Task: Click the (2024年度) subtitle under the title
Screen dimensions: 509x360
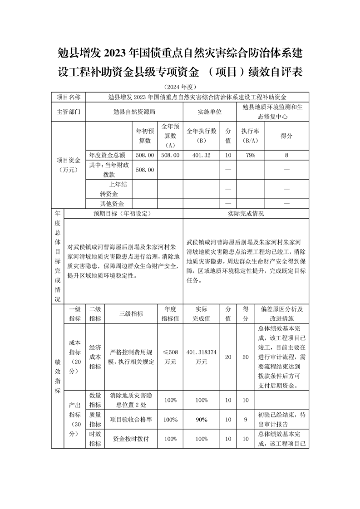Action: coord(180,87)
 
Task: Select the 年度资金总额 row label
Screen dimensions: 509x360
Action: coord(110,155)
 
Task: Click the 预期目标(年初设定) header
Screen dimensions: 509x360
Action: coord(123,213)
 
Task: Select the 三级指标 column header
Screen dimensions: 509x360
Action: coord(131,313)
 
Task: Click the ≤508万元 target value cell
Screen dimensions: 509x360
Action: coord(170,357)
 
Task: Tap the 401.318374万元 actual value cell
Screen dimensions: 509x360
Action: coord(201,357)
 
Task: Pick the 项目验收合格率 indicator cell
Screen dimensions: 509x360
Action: coord(131,420)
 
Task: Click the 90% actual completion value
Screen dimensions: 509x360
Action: coord(201,420)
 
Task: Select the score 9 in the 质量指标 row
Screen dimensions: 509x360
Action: coord(246,420)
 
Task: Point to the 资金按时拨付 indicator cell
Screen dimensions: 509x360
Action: coord(131,439)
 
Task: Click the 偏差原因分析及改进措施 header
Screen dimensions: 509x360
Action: coord(282,313)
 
